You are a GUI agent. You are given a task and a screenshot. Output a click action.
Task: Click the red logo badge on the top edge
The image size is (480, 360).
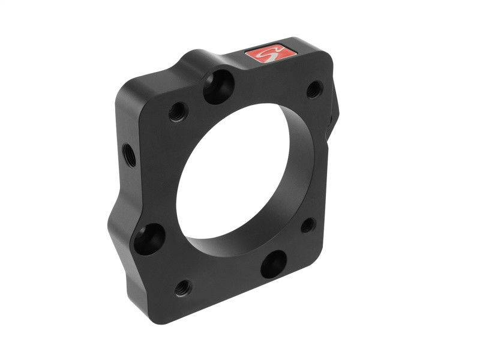pyautogui.click(x=271, y=54)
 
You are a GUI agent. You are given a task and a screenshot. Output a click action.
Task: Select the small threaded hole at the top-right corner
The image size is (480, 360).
pyautogui.click(x=314, y=89)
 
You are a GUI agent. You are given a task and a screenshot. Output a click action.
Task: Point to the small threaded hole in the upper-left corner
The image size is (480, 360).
pyautogui.click(x=178, y=111)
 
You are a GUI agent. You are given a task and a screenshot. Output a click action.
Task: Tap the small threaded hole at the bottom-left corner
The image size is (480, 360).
pyautogui.click(x=184, y=287)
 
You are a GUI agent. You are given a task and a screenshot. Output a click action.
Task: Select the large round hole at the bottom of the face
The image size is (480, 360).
pyautogui.click(x=274, y=263)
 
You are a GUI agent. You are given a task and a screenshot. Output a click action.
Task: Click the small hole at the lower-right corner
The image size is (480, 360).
pyautogui.click(x=308, y=225)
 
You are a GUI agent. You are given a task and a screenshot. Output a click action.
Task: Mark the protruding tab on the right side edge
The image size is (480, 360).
pyautogui.click(x=334, y=108)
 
